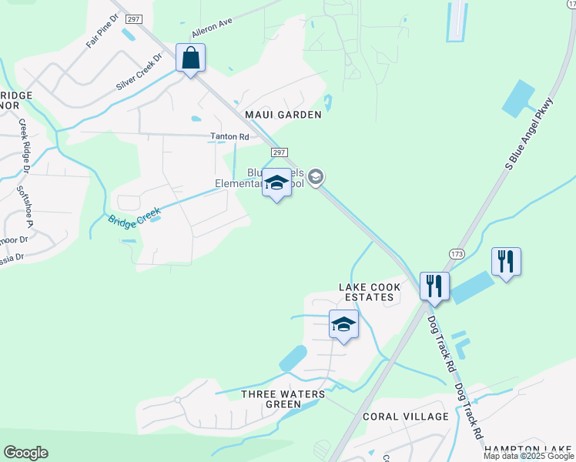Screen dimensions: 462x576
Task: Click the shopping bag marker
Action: click(x=190, y=58)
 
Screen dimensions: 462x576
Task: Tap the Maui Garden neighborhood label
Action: click(x=283, y=115)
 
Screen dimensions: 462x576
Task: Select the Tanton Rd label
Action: click(x=230, y=137)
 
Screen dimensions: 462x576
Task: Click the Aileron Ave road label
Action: click(x=212, y=29)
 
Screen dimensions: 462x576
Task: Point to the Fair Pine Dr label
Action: click(x=102, y=31)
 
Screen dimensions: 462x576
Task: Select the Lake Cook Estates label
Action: click(x=370, y=293)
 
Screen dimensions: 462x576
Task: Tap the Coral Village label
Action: click(x=405, y=417)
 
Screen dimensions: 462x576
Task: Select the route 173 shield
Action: click(x=456, y=253)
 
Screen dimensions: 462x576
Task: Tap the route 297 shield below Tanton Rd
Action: click(x=280, y=153)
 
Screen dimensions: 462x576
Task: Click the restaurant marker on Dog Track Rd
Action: click(x=434, y=286)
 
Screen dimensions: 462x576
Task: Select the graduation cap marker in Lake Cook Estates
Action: click(x=343, y=324)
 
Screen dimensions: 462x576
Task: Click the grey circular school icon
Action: click(x=316, y=178)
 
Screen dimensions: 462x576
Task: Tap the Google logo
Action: click(x=25, y=453)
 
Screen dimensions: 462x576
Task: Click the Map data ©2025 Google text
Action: click(x=528, y=456)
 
